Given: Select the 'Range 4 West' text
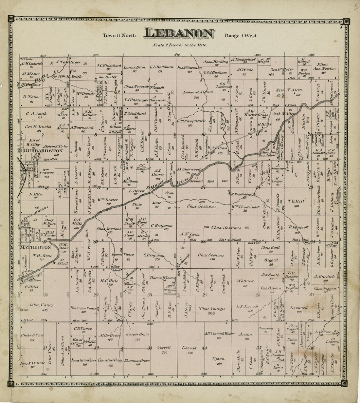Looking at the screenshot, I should click(x=241, y=35).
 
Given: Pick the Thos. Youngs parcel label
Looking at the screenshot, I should click(x=212, y=309).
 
